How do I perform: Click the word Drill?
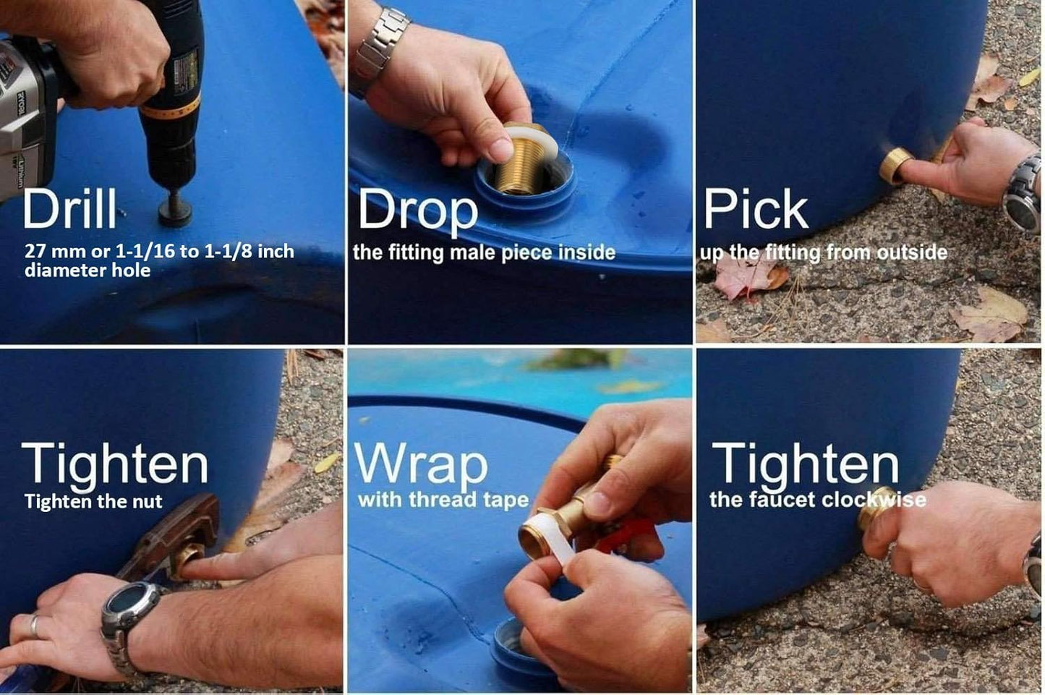[x=69, y=208]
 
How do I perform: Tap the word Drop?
[x=417, y=212]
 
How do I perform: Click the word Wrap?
[x=422, y=465]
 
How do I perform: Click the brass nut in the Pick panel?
[x=896, y=165]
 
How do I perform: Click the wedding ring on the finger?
[x=35, y=626]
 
